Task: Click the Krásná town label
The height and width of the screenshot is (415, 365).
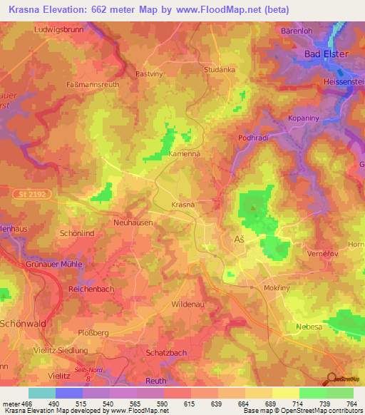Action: click(x=183, y=205)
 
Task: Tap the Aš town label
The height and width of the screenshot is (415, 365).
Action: click(x=240, y=240)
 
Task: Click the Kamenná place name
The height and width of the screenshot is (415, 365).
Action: click(x=183, y=153)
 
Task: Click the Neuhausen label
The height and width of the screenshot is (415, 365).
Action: click(x=133, y=222)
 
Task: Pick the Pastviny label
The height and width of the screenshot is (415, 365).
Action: click(x=150, y=73)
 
